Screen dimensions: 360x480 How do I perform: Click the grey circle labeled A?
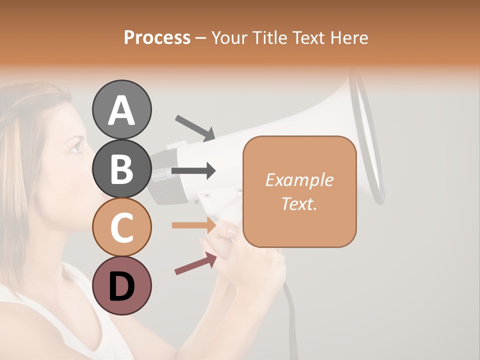pos(122,109)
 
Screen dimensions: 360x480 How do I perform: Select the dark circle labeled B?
pos(122,168)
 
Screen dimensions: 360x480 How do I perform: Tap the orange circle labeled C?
pos(122,227)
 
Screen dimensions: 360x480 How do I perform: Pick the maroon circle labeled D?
pos(122,286)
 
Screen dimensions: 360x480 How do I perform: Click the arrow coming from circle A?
pos(195,128)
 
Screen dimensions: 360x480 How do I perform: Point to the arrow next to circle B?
pos(193,171)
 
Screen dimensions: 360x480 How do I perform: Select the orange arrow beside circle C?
pos(193,225)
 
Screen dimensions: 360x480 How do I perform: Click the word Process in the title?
pos(157,37)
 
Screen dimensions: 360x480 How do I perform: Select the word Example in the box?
pos(299,180)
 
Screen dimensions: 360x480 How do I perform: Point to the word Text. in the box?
pos(299,203)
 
